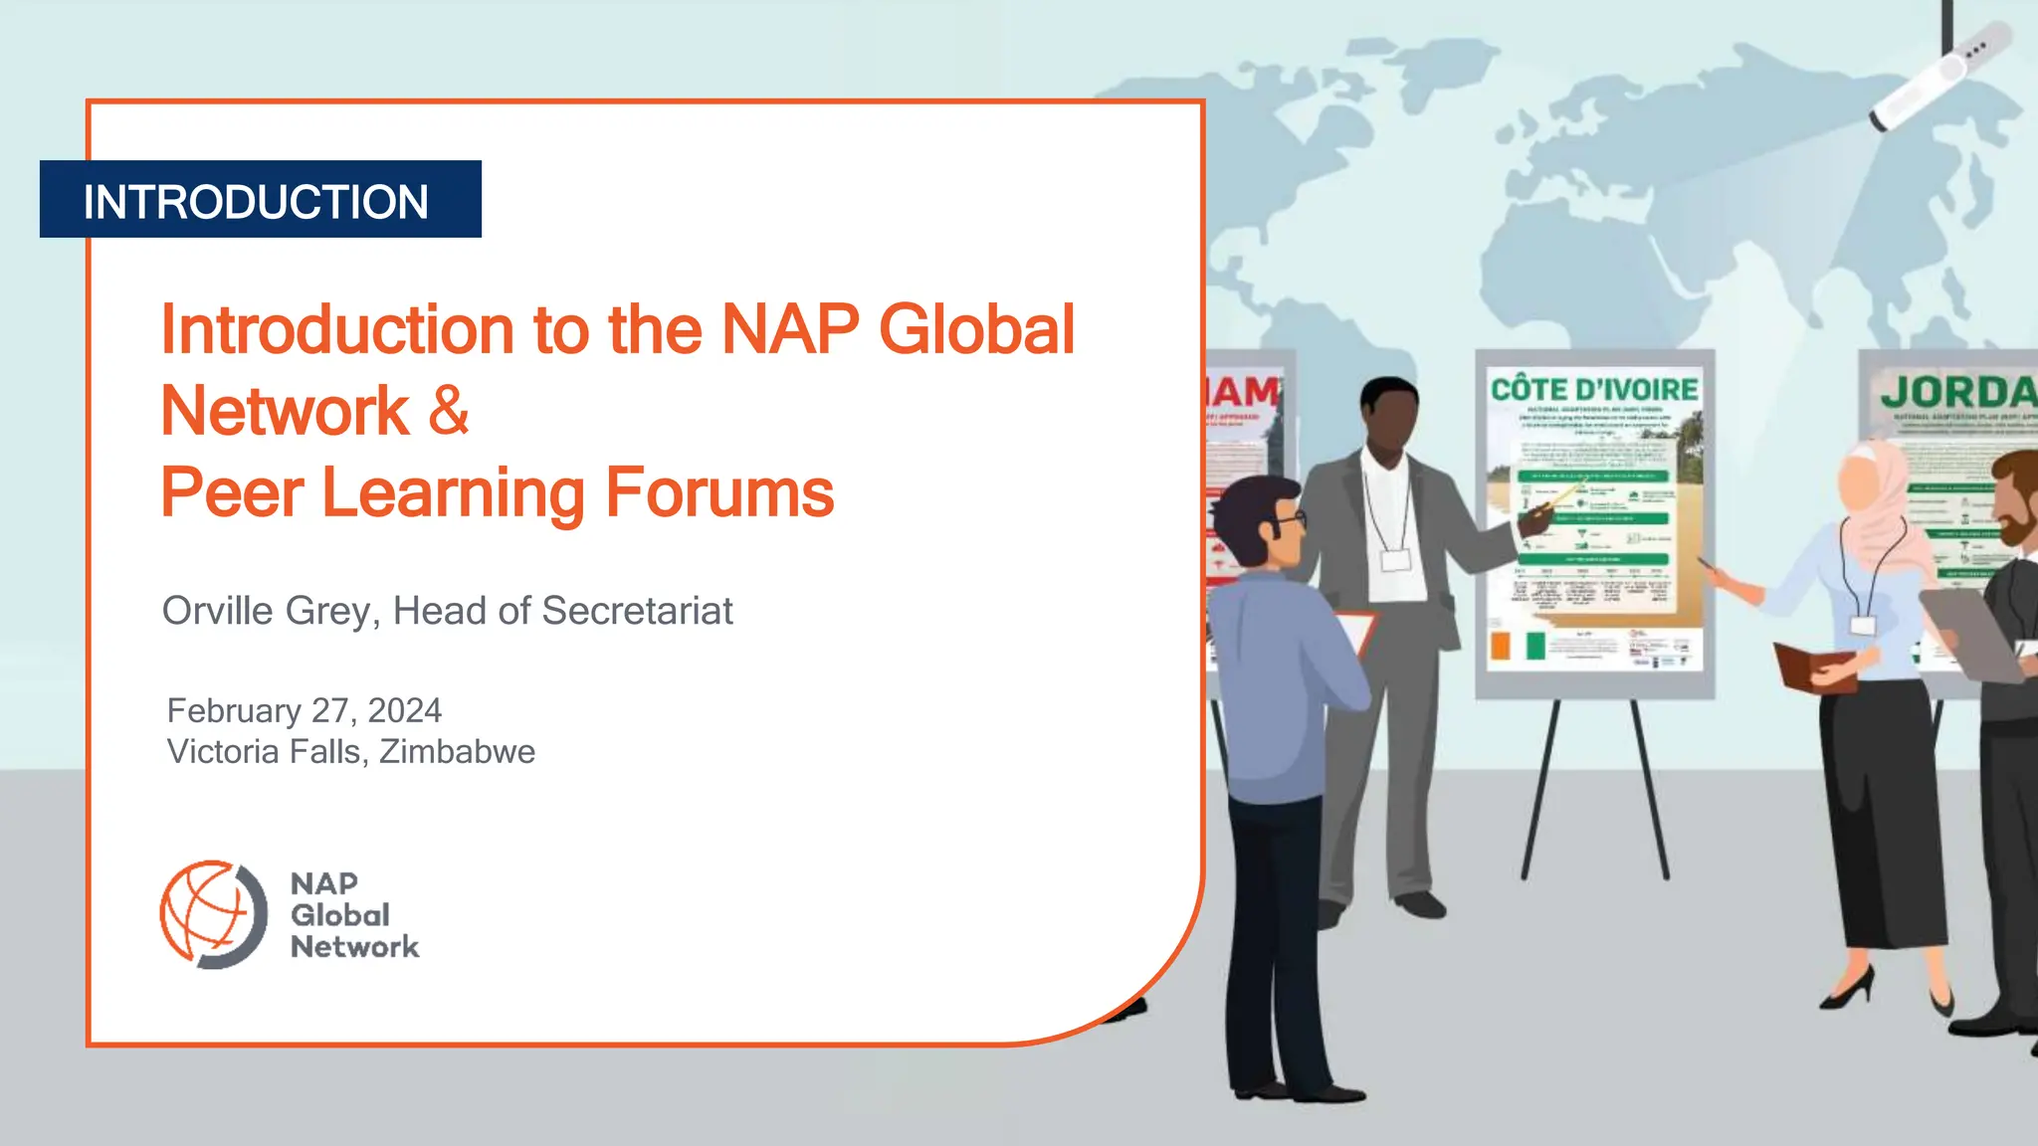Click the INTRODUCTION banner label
(256, 202)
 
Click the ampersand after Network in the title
(449, 410)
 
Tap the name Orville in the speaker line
(217, 611)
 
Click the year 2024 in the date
(404, 710)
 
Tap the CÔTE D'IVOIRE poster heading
(1594, 389)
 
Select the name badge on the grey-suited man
(1396, 559)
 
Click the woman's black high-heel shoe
(1850, 990)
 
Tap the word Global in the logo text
(339, 915)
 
